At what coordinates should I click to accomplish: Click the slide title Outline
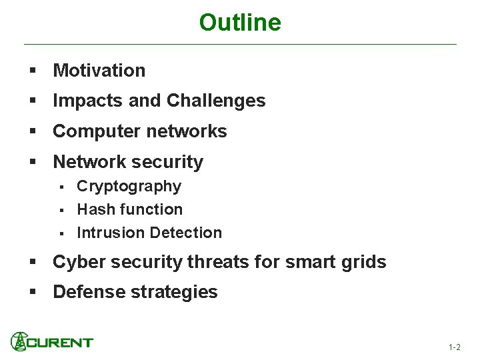(x=240, y=23)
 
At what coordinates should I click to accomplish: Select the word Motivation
(x=99, y=70)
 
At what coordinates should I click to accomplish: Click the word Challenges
(x=216, y=101)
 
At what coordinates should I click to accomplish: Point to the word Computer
(x=91, y=131)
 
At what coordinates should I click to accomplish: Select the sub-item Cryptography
(x=129, y=186)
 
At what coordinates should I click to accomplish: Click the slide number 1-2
(x=455, y=347)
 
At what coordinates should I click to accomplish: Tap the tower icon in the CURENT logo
(x=19, y=341)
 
